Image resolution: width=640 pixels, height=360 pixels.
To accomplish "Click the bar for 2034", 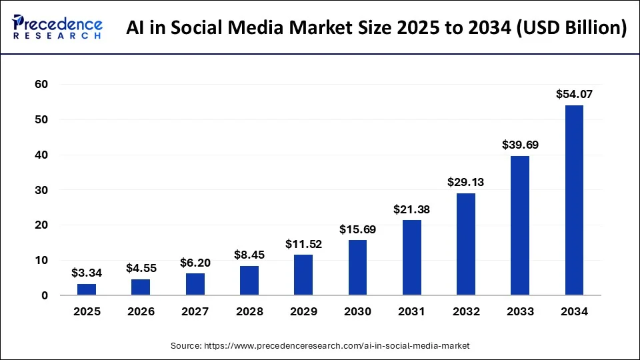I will [574, 200].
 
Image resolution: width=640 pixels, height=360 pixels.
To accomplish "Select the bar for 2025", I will [87, 289].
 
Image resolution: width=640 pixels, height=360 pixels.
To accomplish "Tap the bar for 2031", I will [411, 257].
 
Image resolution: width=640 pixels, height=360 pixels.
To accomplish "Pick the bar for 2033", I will [520, 225].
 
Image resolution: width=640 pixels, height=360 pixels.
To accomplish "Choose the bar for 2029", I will [303, 275].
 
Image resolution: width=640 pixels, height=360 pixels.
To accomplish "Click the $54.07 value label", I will [574, 95].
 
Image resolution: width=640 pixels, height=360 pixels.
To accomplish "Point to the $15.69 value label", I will [357, 229].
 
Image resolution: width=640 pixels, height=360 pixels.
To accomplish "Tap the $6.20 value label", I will [195, 263].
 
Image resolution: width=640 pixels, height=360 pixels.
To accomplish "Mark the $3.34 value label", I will [87, 273].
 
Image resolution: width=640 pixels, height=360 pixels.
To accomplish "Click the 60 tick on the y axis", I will [42, 85].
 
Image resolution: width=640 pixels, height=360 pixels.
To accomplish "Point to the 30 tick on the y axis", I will [42, 190].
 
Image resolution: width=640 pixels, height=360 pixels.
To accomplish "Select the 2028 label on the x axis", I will [249, 311].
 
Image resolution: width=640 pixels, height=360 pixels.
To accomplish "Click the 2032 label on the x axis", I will [465, 311].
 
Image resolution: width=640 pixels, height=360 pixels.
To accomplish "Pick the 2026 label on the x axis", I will [141, 311].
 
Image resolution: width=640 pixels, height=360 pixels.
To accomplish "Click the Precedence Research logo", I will [57, 27].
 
